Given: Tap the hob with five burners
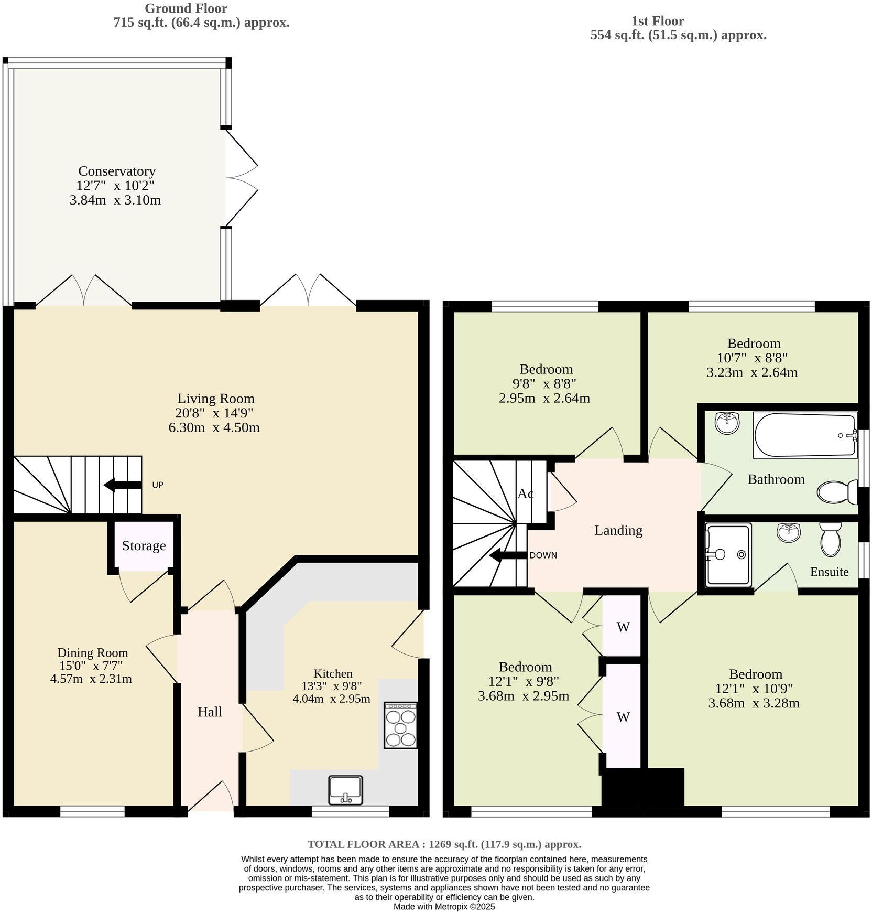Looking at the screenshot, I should click(x=401, y=725).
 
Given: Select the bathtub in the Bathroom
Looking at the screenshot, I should click(x=804, y=435).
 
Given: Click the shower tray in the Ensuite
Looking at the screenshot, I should click(x=728, y=554).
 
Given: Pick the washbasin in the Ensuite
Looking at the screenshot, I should click(x=788, y=532).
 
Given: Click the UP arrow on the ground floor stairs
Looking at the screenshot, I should click(x=123, y=485).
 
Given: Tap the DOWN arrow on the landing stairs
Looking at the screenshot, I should click(x=507, y=555).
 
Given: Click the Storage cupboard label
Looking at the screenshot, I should click(x=144, y=546).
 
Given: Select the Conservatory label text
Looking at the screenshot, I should click(x=117, y=171).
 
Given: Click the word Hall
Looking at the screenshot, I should click(x=210, y=712).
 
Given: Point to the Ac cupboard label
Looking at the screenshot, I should click(x=526, y=493).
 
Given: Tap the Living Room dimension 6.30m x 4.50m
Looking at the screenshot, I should click(x=214, y=427).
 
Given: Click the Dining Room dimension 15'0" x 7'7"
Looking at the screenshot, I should click(x=92, y=666).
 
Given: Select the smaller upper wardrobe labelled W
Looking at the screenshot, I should click(x=623, y=627).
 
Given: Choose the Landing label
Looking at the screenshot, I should click(x=618, y=530).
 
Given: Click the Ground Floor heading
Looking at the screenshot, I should click(x=186, y=8).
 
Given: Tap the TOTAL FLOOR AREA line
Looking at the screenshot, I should click(x=444, y=844).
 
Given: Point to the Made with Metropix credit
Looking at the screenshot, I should click(x=444, y=906).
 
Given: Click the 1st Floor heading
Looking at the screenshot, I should click(x=658, y=21).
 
